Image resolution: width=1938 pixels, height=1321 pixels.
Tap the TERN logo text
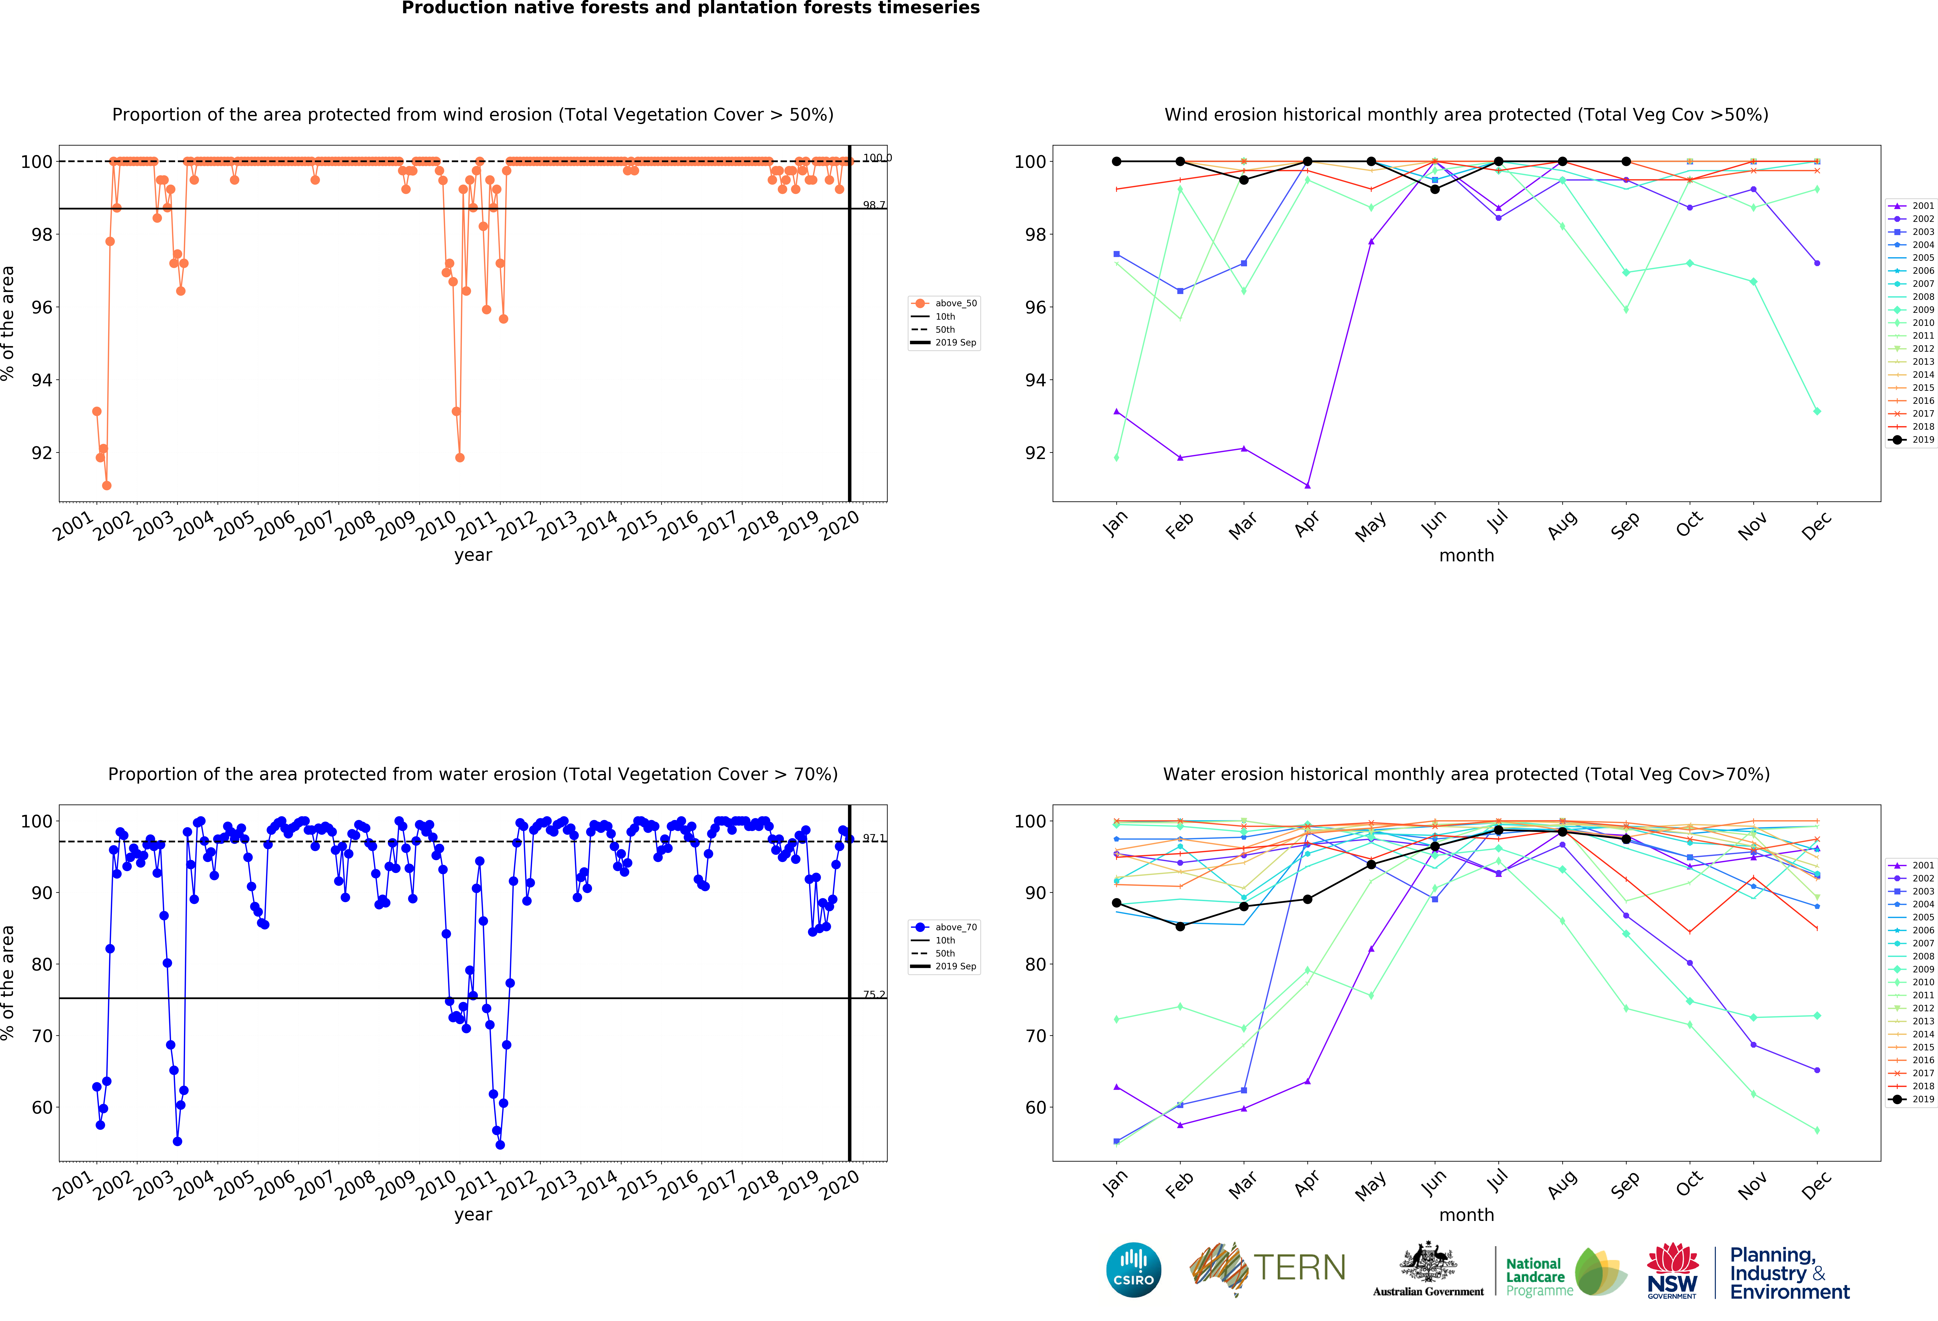1299,1268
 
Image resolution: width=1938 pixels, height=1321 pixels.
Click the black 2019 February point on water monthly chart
1180,926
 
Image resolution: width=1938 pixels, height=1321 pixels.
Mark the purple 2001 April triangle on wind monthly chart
1308,485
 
